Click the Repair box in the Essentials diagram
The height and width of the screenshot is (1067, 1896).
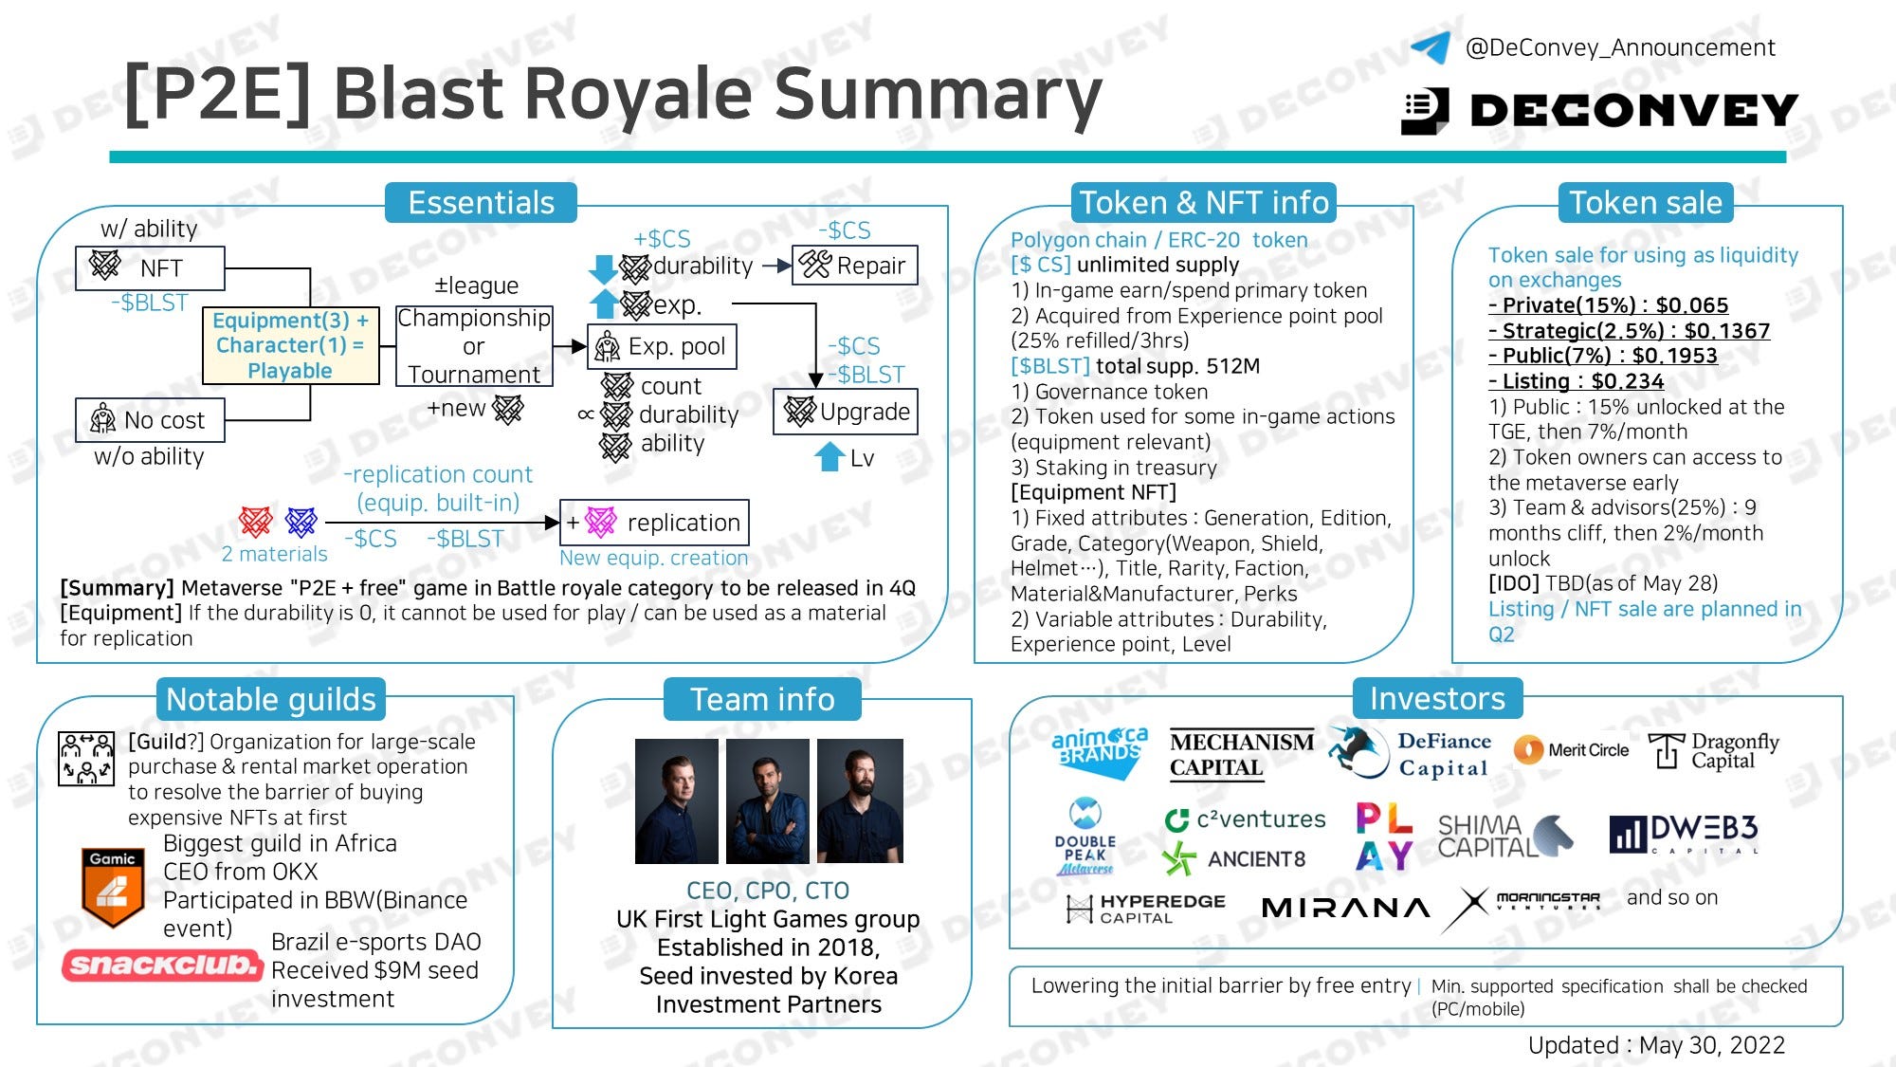pyautogui.click(x=854, y=266)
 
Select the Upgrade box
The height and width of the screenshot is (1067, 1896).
pyautogui.click(x=846, y=412)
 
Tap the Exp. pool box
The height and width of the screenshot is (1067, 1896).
pyautogui.click(x=662, y=347)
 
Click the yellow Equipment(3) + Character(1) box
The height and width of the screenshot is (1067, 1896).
pyautogui.click(x=290, y=345)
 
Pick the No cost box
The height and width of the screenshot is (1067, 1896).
pyautogui.click(x=150, y=420)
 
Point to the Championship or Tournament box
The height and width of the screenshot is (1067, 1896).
pyautogui.click(x=473, y=346)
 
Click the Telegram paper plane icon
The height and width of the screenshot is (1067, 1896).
pyautogui.click(x=1431, y=46)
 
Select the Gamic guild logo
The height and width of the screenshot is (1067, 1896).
pyautogui.click(x=112, y=887)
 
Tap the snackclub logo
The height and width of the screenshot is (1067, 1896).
pyautogui.click(x=162, y=965)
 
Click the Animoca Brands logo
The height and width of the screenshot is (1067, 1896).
pyautogui.click(x=1100, y=752)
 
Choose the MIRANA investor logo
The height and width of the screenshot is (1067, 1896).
pyautogui.click(x=1345, y=908)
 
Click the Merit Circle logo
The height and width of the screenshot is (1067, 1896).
pyautogui.click(x=1571, y=750)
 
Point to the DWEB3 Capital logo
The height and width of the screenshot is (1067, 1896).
pyautogui.click(x=1684, y=834)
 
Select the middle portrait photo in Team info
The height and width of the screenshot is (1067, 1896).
pyautogui.click(x=767, y=801)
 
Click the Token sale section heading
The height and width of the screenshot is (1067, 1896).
pyautogui.click(x=1645, y=203)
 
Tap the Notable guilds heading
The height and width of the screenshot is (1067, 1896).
pyautogui.click(x=271, y=700)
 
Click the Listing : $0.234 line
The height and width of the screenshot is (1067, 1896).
pyautogui.click(x=1576, y=381)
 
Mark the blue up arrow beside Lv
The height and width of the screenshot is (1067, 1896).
pyautogui.click(x=829, y=456)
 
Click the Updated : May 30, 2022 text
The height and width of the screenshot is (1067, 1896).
pyautogui.click(x=1655, y=1045)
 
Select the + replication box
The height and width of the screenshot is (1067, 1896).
pyautogui.click(x=654, y=523)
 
